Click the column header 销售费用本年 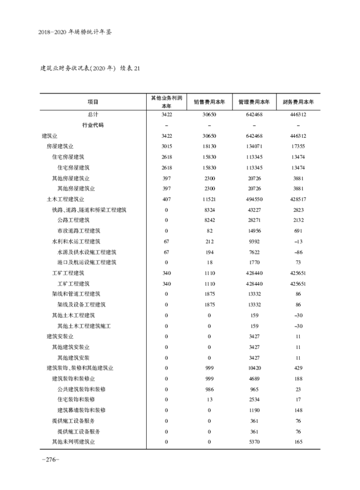(209, 102)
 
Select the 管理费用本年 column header (254, 102)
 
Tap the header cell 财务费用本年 (298, 102)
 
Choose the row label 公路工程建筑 (73, 220)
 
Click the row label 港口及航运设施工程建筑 (87, 262)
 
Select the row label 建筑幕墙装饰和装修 (81, 410)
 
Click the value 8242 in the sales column (209, 220)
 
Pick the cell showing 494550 (254, 199)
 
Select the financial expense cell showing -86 (298, 252)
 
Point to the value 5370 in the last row (254, 442)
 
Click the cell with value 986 (209, 389)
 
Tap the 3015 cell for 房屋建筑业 (166, 146)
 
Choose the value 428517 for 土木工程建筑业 (298, 199)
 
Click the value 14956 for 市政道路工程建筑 (254, 231)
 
